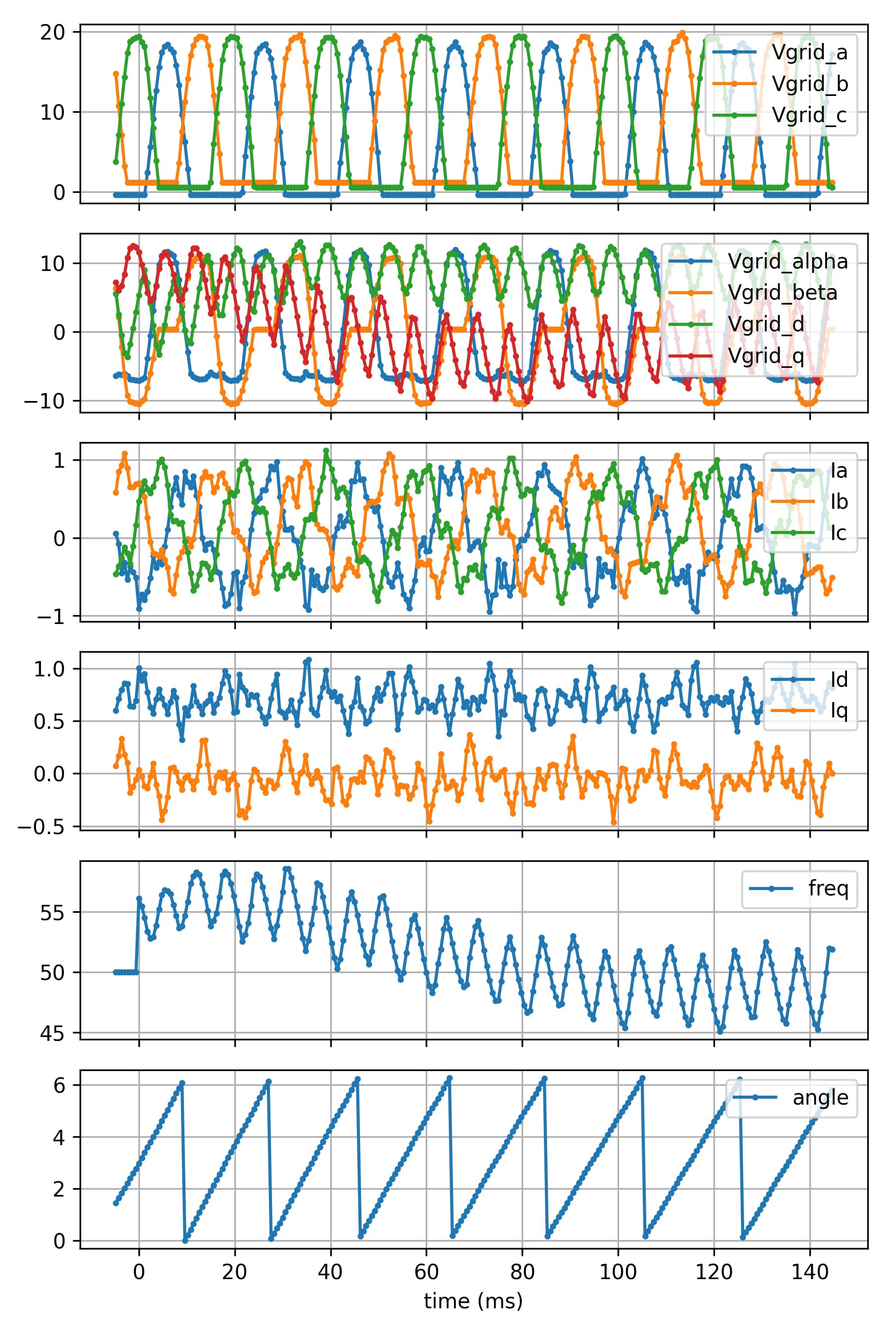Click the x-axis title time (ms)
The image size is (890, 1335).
[473, 1300]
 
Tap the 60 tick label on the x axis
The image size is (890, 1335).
[426, 1272]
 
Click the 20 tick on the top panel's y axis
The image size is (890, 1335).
[52, 32]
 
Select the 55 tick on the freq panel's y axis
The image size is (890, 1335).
[52, 913]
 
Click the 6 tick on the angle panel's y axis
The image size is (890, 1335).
[59, 1085]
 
